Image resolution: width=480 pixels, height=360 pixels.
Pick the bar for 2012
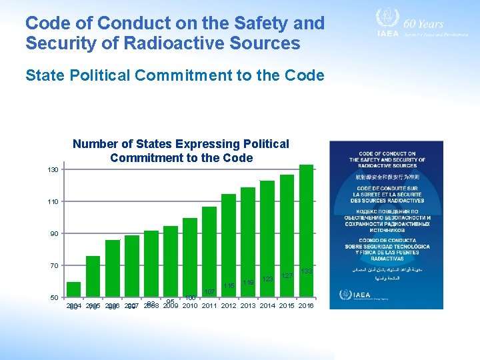click(229, 245)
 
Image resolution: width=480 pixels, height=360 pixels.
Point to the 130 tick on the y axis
click(53, 170)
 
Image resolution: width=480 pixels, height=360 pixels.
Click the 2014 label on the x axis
click(267, 306)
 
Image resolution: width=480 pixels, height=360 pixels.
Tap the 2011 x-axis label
click(209, 306)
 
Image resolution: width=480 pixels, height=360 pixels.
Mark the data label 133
click(307, 271)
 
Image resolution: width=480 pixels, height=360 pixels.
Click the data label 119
click(248, 283)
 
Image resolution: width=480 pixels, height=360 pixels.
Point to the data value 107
click(209, 292)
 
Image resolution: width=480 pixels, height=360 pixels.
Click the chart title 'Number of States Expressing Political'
click(181, 144)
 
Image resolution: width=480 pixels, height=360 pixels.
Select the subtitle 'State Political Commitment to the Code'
click(175, 75)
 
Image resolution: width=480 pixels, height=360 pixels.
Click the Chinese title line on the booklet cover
click(387, 178)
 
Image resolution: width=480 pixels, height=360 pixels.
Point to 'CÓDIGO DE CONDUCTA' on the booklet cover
click(387, 240)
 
